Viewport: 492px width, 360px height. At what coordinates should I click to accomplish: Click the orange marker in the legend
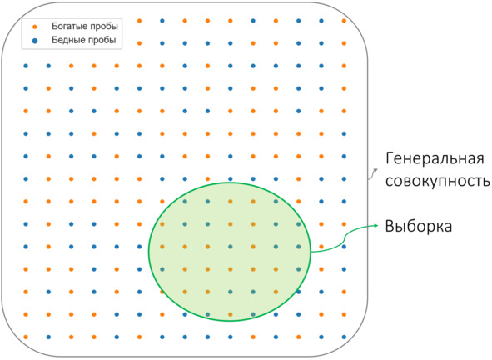pos(35,27)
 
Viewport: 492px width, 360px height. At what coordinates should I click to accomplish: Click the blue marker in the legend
pos(35,41)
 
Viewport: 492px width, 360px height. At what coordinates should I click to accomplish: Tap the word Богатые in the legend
pos(70,26)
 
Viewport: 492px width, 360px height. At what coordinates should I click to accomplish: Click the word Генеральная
pos(435,158)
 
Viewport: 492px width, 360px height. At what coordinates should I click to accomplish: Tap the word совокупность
pos(438,181)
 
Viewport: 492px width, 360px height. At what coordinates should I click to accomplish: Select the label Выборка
pos(419,226)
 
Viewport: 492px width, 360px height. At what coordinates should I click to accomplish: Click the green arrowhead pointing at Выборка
pos(376,225)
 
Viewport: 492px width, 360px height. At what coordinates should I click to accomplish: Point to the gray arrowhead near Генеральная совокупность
pos(375,170)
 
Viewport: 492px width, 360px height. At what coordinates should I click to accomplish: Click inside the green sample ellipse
pos(230,252)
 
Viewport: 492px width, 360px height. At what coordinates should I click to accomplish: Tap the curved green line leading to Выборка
pos(345,239)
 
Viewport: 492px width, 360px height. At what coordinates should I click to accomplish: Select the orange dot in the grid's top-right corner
pos(344,21)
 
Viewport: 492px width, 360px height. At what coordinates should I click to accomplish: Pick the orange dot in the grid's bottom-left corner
pos(26,337)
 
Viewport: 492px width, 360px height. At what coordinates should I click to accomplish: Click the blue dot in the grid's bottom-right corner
pos(344,337)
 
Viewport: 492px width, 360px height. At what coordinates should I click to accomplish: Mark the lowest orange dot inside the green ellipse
pos(231,314)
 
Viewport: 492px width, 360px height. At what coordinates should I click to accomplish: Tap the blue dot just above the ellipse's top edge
pos(231,179)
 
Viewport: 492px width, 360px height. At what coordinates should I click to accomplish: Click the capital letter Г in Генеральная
pos(390,158)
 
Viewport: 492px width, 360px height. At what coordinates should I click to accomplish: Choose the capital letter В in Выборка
pos(390,226)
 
